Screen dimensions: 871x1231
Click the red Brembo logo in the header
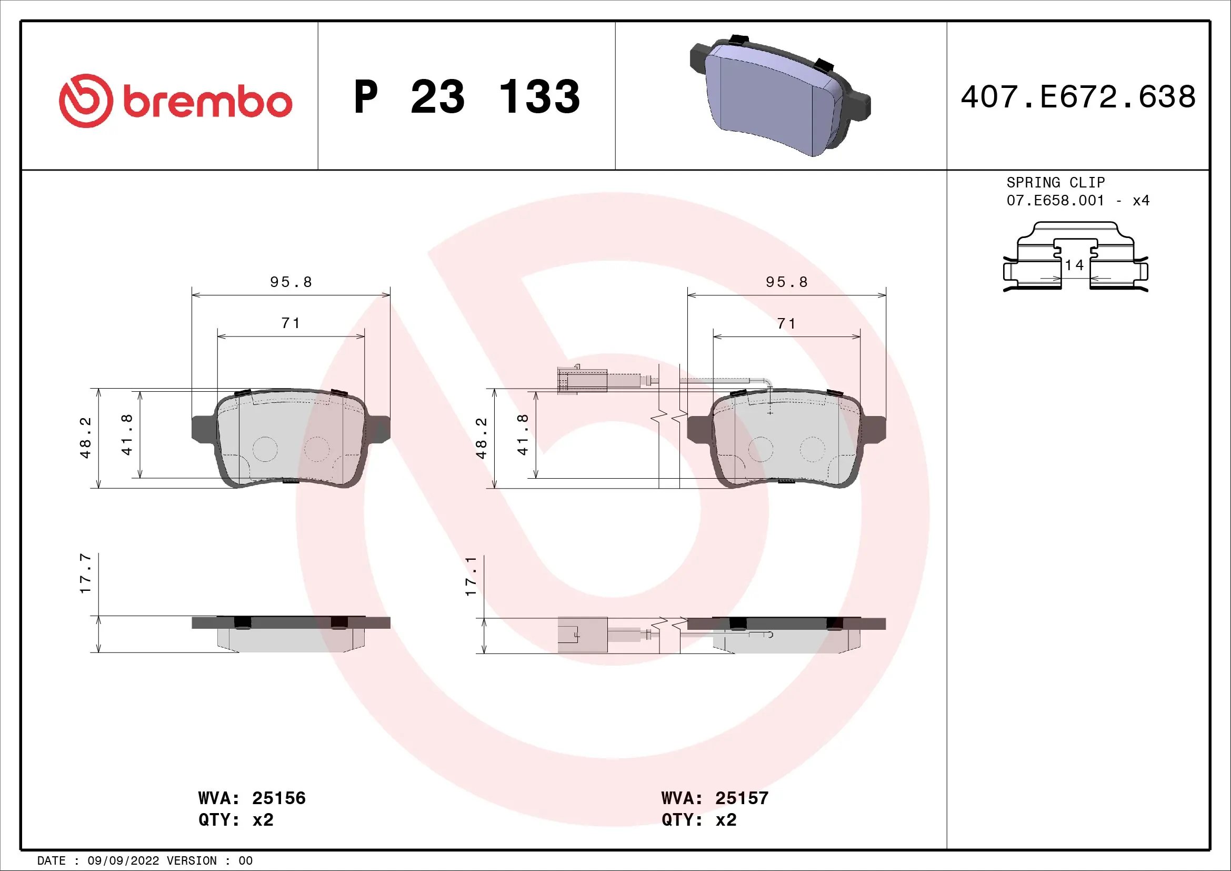175,101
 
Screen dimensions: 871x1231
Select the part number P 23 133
466,97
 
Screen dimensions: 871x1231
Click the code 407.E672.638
1078,97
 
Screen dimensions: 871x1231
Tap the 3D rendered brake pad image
780,96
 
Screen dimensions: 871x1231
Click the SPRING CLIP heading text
1055,182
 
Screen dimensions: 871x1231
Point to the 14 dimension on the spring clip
1075,265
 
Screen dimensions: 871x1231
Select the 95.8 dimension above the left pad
291,282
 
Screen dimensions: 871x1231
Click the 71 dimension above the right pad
786,323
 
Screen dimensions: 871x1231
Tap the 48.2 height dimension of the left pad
86,438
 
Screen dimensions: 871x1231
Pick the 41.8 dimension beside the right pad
523,434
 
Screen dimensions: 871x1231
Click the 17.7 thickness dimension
86,574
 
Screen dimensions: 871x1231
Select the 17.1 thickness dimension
471,577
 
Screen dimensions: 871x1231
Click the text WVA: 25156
252,798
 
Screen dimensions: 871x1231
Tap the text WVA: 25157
715,798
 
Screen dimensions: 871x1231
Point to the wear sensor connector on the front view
582,380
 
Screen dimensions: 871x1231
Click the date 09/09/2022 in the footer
123,861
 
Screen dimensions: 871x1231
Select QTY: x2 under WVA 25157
698,820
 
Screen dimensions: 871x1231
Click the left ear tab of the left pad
203,429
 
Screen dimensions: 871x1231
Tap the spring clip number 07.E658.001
1055,201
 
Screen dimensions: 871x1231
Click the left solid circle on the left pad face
265,449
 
